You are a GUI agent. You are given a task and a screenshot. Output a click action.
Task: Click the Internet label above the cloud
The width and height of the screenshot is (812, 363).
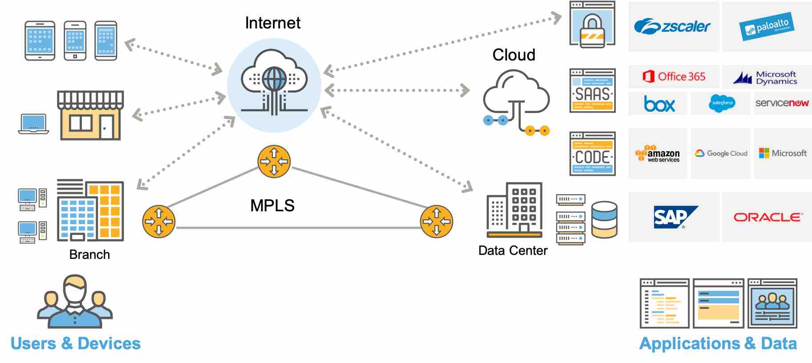click(x=272, y=23)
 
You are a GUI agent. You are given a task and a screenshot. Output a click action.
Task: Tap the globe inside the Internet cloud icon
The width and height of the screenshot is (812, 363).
click(x=274, y=79)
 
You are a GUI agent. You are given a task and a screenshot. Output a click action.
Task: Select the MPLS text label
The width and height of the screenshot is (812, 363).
click(x=272, y=206)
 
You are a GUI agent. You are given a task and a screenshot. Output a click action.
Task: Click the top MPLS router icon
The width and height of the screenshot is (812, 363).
click(x=274, y=161)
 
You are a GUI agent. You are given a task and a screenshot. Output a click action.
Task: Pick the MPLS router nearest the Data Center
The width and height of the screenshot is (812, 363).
click(x=436, y=221)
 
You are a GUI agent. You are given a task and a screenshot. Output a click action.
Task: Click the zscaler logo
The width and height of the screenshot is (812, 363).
click(x=672, y=27)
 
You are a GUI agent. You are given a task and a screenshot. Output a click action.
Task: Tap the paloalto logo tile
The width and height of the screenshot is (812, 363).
click(x=767, y=27)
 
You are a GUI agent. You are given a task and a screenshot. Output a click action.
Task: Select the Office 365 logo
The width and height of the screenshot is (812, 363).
click(x=674, y=77)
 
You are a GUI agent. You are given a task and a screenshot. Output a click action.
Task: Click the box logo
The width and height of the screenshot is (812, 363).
click(x=659, y=104)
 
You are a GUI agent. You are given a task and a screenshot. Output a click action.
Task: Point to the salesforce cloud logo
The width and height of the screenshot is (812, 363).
click(x=722, y=103)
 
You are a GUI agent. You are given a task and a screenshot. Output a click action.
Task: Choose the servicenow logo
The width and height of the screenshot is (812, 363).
click(x=782, y=103)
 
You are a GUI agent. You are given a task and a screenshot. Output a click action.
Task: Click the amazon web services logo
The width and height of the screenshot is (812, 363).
click(x=658, y=153)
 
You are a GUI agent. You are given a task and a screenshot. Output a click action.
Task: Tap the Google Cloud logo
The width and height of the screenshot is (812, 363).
click(x=721, y=153)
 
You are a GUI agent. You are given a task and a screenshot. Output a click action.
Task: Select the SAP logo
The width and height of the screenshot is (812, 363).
click(x=674, y=217)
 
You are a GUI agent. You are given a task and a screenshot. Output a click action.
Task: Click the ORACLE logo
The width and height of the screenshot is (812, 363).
click(x=767, y=217)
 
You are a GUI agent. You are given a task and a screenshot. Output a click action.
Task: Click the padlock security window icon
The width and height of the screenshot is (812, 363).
click(x=593, y=24)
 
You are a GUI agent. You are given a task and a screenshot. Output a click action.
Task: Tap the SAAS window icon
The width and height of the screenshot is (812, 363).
click(x=593, y=91)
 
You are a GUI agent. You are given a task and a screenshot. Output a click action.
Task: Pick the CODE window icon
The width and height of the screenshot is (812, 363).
click(x=593, y=154)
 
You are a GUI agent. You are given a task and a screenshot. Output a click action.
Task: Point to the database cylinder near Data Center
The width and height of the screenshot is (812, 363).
click(x=604, y=220)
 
